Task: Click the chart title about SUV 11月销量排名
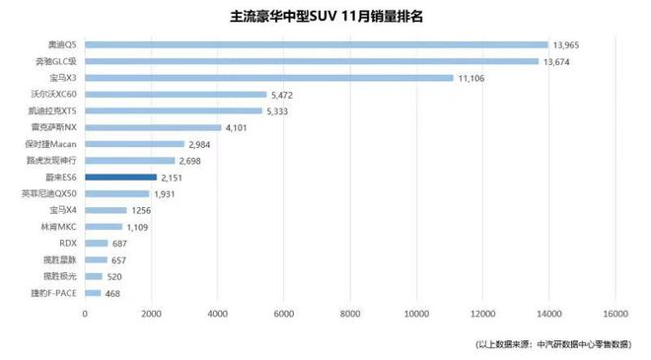326,17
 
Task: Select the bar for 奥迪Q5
316,44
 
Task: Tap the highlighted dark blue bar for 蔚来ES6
120,177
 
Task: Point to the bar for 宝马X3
269,78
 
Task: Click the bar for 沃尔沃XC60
176,95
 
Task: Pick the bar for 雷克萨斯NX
153,127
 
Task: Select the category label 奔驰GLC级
55,61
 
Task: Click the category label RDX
67,243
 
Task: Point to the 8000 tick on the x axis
349,314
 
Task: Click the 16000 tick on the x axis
614,314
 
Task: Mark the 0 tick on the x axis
85,314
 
